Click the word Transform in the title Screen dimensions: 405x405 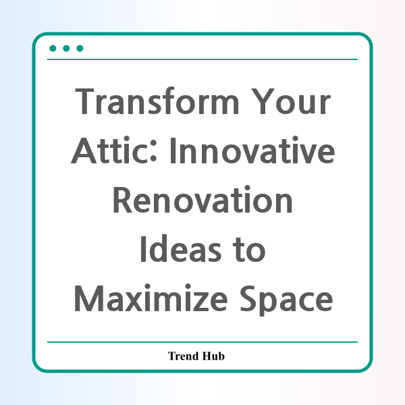coord(157,101)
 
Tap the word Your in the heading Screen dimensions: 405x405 coord(291,101)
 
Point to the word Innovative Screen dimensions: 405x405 coord(252,151)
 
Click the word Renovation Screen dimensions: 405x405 coord(202,200)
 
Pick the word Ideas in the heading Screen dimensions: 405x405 coord(181,248)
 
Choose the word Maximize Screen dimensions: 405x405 coord(151,298)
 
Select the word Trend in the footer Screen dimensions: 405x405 coord(184,356)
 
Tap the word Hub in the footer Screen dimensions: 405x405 coord(213,356)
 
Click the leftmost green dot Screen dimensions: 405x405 coord(53,49)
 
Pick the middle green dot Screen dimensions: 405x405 coord(66,49)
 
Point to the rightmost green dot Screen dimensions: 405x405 coord(80,49)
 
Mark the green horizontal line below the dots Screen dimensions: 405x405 coord(202,59)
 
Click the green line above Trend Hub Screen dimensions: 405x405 coord(202,342)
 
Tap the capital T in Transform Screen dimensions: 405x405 coord(84,101)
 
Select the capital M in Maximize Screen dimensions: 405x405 coord(89,298)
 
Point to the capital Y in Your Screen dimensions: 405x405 coord(263,101)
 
